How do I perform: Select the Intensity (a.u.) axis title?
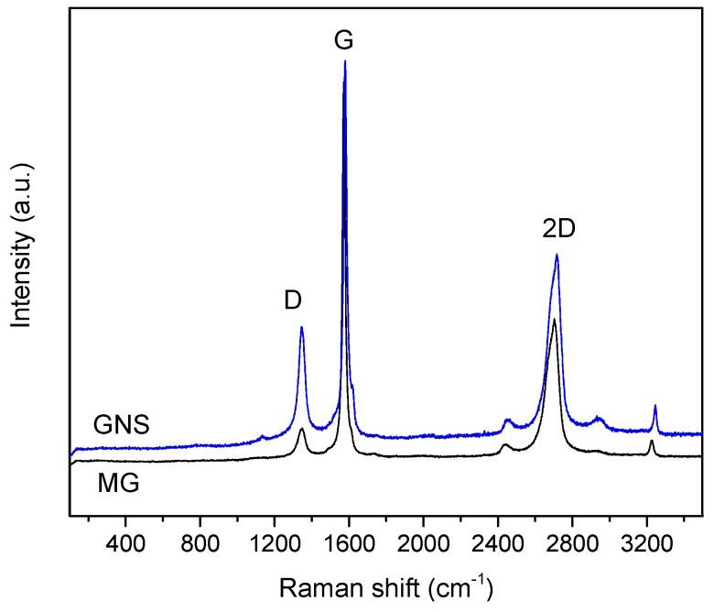(25, 245)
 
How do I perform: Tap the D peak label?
(293, 300)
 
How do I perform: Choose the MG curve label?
(118, 483)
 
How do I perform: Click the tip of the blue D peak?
(301, 327)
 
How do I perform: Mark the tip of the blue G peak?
(345, 61)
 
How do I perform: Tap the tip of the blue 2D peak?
(557, 255)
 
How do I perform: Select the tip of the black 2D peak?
(554, 319)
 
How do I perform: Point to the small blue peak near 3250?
(654, 405)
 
